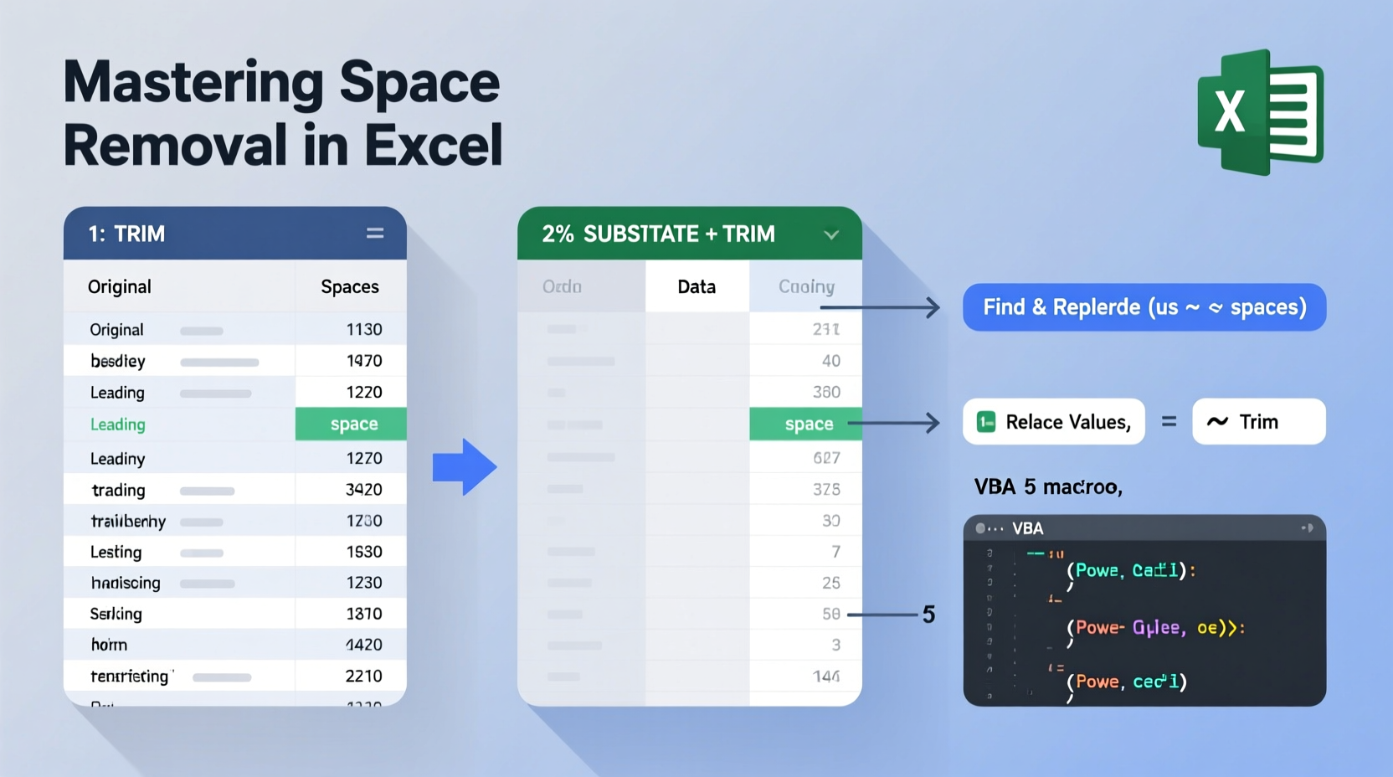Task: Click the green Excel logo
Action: coord(1260,111)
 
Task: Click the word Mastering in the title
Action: coord(192,83)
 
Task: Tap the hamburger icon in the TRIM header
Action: coord(375,234)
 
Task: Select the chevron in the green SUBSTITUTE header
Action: coord(831,234)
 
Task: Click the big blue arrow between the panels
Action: coord(465,466)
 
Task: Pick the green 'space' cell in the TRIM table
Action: coord(352,425)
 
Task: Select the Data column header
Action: coord(696,287)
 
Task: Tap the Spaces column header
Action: coord(350,287)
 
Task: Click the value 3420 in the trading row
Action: coord(363,490)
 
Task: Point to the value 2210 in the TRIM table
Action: coord(363,676)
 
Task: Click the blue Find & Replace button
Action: coord(1144,307)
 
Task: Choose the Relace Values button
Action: coord(1054,422)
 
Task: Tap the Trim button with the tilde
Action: coord(1258,422)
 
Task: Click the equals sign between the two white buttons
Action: coord(1169,422)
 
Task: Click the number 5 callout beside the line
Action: coord(928,615)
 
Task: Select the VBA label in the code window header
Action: coord(1027,528)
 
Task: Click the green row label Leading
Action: coord(118,425)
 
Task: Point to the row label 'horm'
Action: coord(109,645)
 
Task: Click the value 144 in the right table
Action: coord(826,676)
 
